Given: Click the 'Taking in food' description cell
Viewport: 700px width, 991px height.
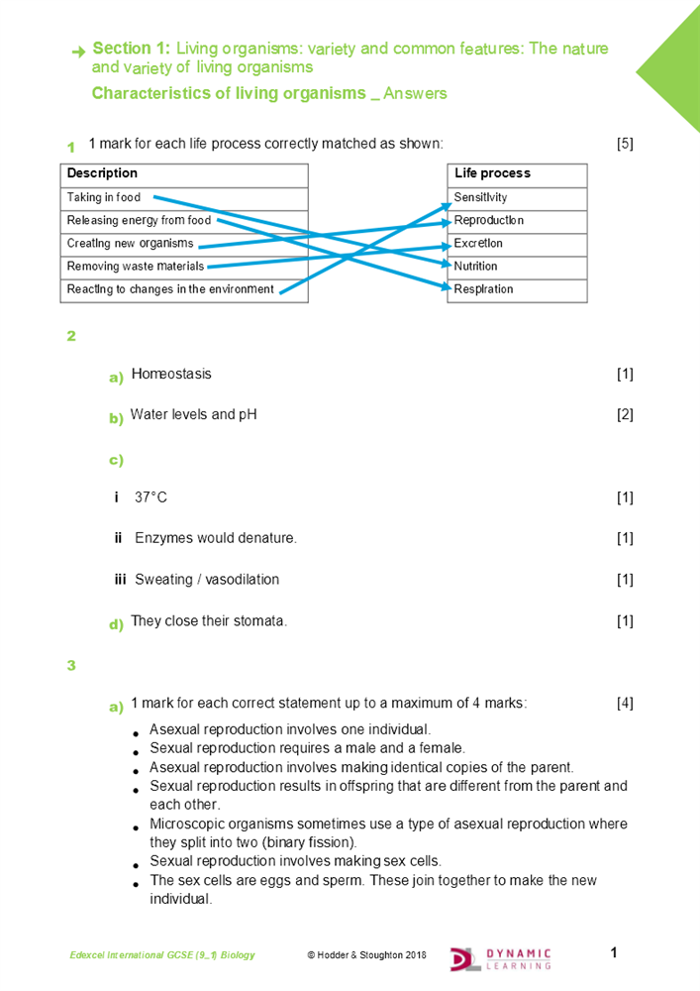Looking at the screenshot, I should point(104,197).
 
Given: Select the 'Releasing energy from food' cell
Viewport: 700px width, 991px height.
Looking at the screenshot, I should point(139,220).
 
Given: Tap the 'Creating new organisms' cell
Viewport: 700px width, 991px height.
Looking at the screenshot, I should point(130,243).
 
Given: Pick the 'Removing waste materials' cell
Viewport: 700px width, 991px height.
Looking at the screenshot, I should point(135,266).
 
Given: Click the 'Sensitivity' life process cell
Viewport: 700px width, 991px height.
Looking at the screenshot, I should point(481,197).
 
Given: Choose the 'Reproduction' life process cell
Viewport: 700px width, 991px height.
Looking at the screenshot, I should point(489,220).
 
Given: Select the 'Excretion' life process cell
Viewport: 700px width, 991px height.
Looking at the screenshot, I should point(479,243).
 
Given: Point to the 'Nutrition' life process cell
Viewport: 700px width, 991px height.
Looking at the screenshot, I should point(476,266).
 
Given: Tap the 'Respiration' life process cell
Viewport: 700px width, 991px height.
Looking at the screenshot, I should point(484,289).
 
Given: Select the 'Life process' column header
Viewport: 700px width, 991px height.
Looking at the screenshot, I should point(492,173).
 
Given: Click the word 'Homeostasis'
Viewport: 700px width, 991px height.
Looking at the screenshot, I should point(171,374).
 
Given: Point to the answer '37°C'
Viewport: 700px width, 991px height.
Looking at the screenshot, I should point(150,496).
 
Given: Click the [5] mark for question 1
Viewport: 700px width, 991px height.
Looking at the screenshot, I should point(625,144).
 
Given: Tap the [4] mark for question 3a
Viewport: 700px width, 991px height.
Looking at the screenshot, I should point(625,704).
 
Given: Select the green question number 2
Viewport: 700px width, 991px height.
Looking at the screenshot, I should point(71,336).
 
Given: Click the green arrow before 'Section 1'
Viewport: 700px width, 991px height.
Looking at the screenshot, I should point(78,52).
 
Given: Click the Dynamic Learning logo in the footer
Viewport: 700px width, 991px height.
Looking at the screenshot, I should point(501,956).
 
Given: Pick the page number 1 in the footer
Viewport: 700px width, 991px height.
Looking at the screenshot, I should point(614,953).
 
